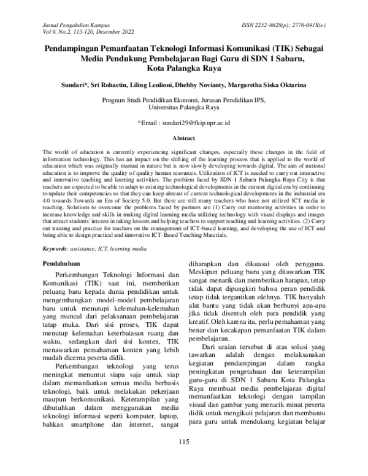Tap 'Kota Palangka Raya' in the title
pyautogui.click(x=184, y=68)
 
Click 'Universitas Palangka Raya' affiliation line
pyautogui.click(x=184, y=106)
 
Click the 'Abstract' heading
pyautogui.click(x=184, y=139)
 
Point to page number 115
pyautogui.click(x=184, y=459)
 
